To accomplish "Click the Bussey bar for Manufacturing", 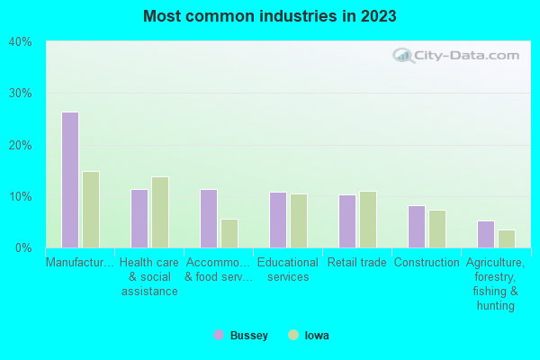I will coord(70,180).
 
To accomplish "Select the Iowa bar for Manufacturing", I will coord(91,210).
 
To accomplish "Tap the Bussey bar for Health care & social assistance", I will coord(139,219).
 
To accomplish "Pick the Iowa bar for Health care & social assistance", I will coord(160,212).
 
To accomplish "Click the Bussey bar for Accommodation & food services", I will coord(209,219).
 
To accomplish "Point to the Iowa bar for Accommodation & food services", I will coord(229,233).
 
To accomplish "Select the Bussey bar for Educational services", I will coord(278,220).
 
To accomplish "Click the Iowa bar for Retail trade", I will coord(368,220).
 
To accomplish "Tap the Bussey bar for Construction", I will coord(417,227).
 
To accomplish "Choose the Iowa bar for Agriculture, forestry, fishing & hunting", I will coord(507,238).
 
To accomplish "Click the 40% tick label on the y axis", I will coord(21,41).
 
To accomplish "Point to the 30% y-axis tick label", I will coord(21,93).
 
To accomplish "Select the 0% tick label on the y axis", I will coord(23,247).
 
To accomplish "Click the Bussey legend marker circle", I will coord(219,335).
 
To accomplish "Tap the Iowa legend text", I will coord(317,336).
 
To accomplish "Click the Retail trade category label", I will coord(356,263).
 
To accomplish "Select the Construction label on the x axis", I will coord(427,263).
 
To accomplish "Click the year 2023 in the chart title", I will coord(378,16).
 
